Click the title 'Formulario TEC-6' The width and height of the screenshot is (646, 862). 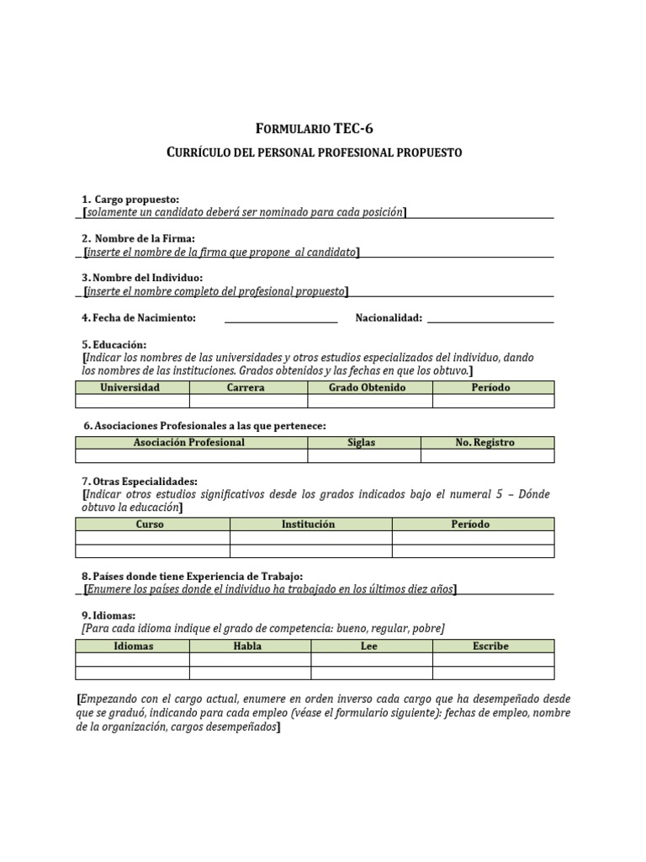pos(314,129)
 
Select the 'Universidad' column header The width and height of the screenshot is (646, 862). pos(130,387)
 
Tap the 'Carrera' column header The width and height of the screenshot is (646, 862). pos(246,387)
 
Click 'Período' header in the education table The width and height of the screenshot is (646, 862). pos(491,387)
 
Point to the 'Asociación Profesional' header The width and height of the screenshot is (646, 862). pos(189,443)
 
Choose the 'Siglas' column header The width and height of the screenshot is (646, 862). pos(362,443)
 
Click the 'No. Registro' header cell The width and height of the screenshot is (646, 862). pos(485,443)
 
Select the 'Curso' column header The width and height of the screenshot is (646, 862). pos(151,524)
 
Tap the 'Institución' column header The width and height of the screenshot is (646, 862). pos(308,524)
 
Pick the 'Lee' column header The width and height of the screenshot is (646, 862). pos(369,646)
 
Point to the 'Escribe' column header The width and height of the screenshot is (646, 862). pos(491,646)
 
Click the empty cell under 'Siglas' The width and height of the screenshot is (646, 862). pos(363,456)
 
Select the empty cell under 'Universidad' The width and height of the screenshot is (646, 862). pos(132,401)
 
